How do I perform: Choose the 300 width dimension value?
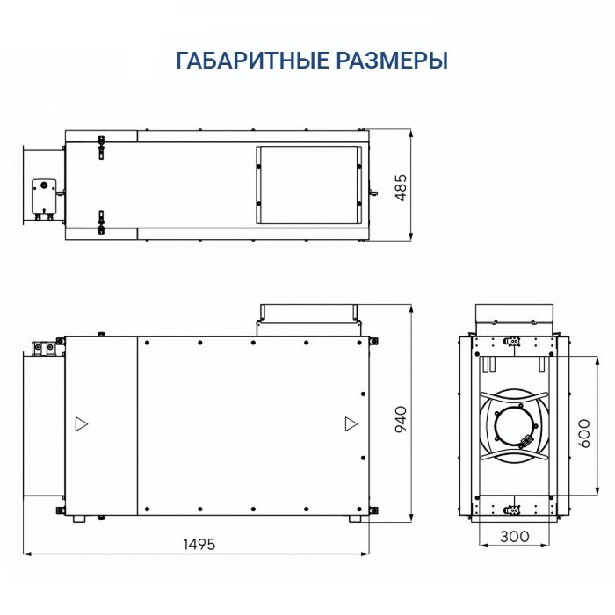tap(514, 534)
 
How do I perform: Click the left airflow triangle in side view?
tap(81, 423)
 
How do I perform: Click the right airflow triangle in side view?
tap(351, 423)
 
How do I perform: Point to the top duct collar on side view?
tap(307, 315)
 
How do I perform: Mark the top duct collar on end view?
tap(514, 317)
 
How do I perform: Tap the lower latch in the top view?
tap(102, 221)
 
